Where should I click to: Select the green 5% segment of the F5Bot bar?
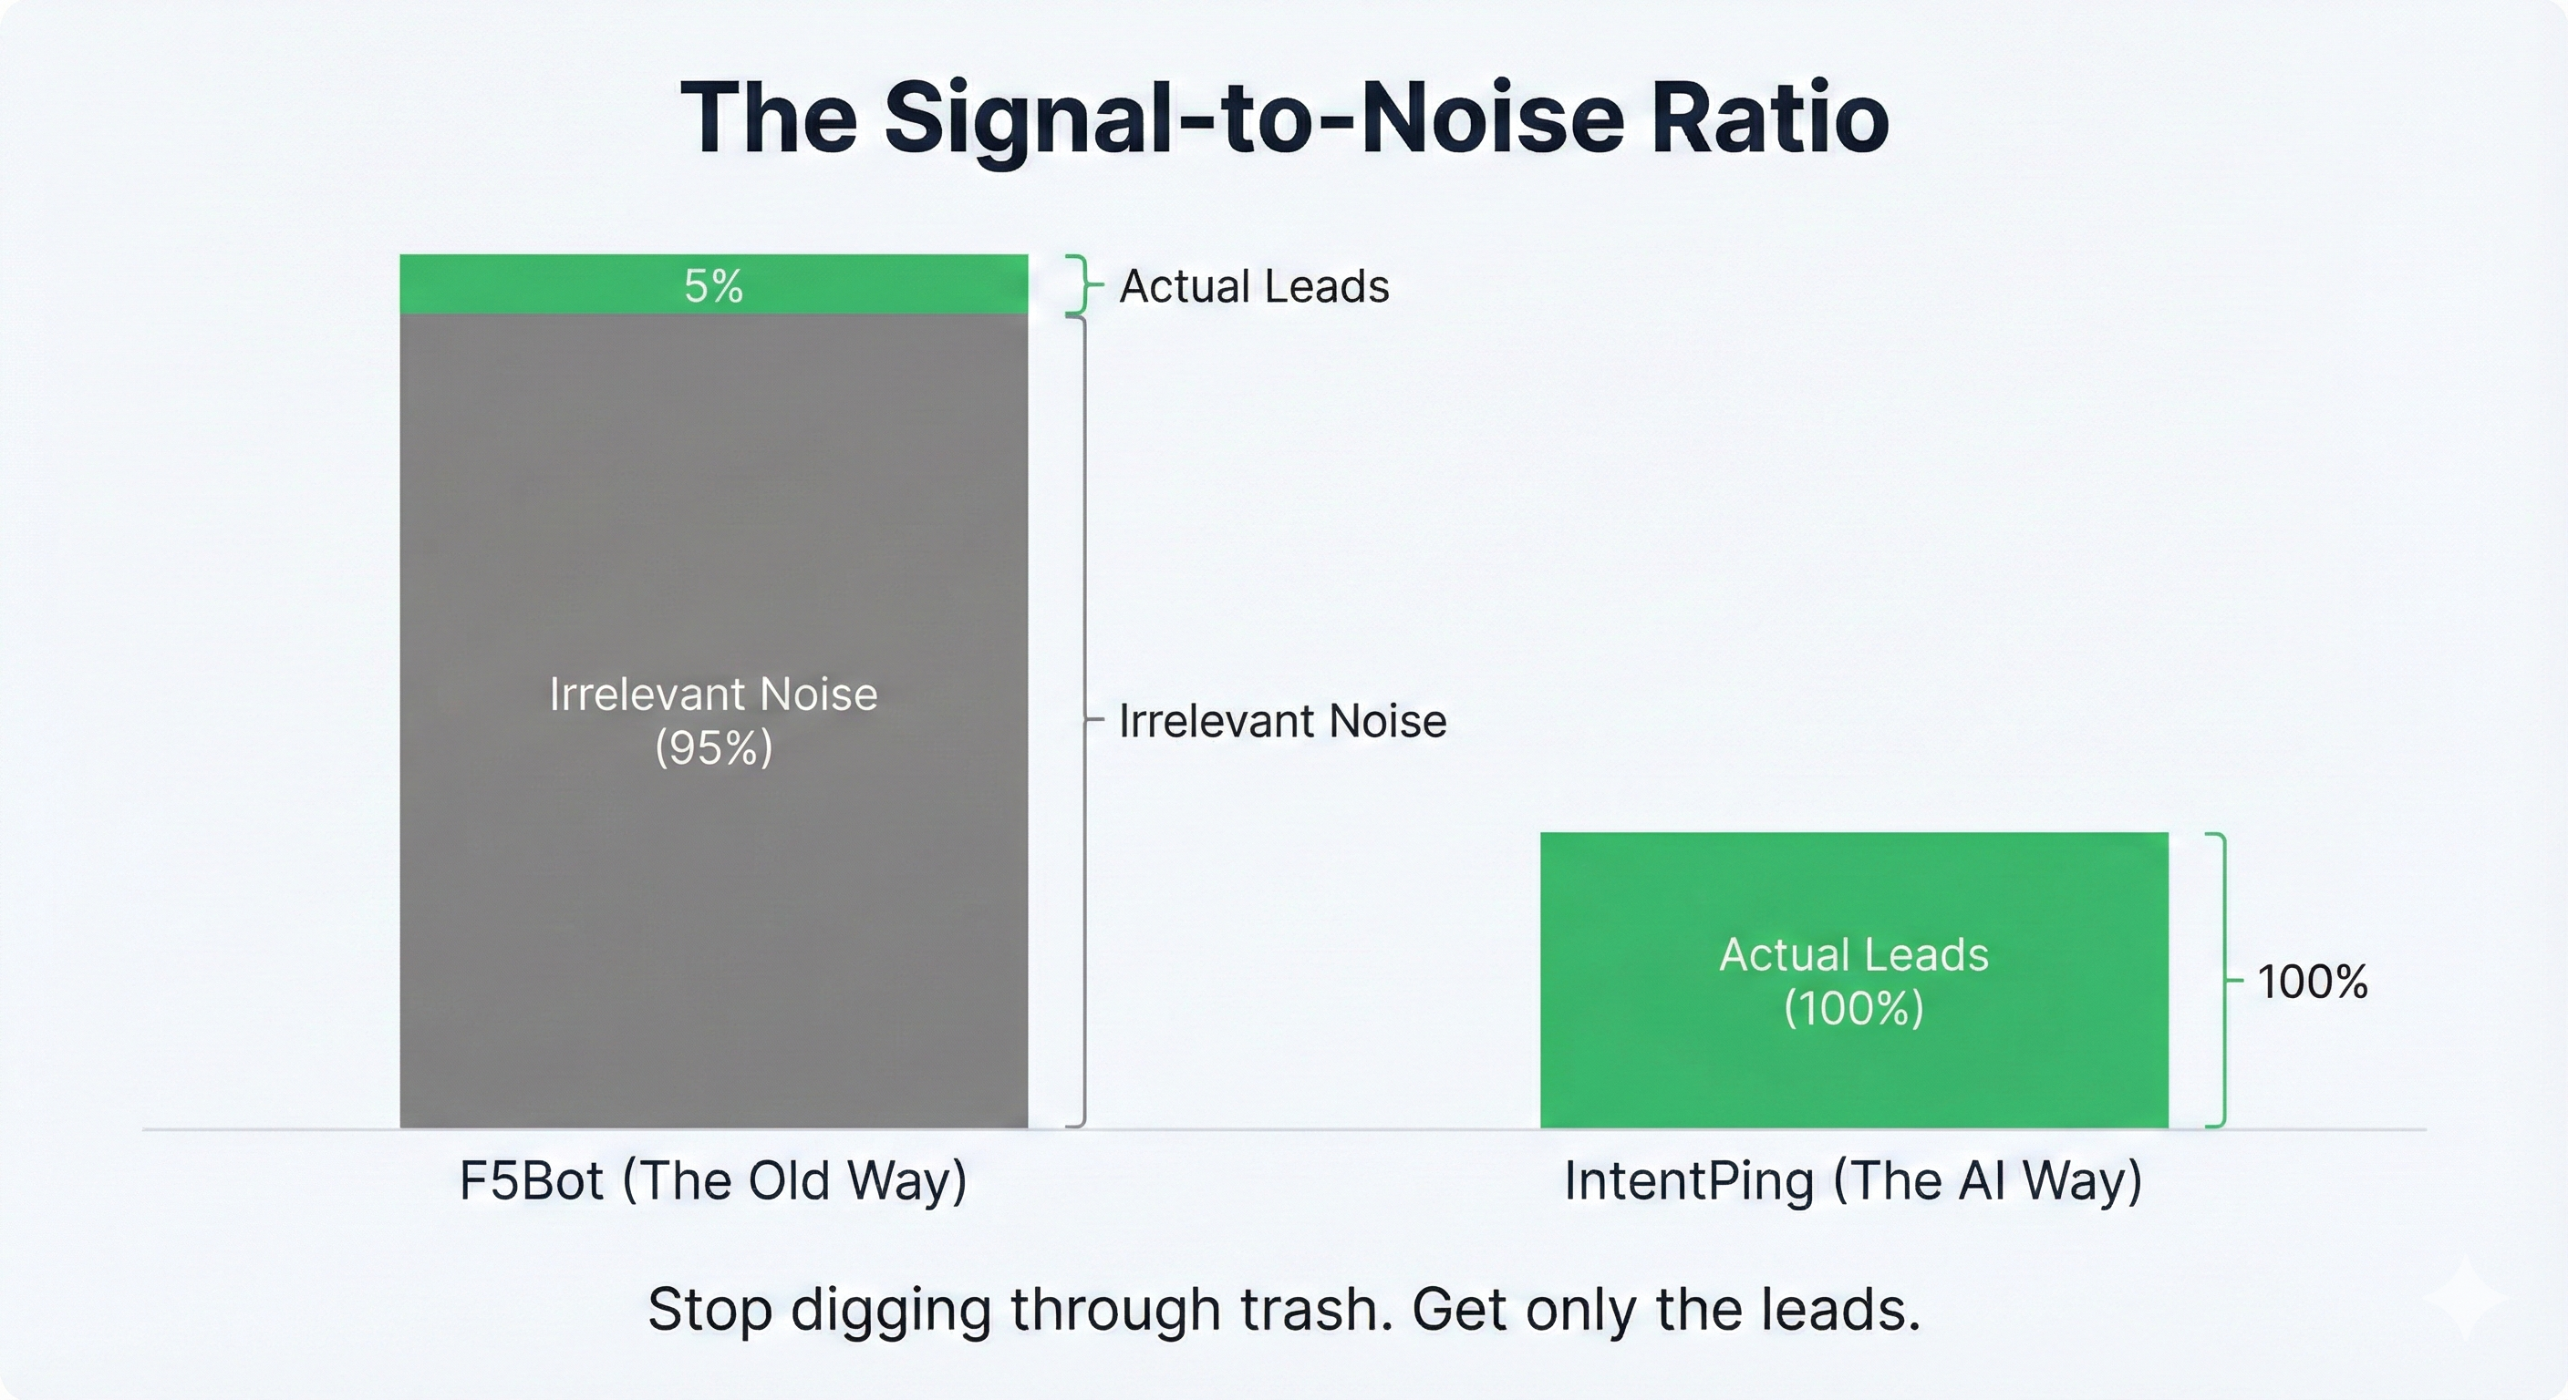[714, 284]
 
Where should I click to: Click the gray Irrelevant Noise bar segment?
[714, 720]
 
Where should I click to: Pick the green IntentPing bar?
[1854, 980]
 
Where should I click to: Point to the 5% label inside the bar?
[714, 286]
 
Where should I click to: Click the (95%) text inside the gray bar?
[714, 747]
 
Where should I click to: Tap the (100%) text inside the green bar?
[1854, 1007]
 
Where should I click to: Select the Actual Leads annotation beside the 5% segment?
[1254, 286]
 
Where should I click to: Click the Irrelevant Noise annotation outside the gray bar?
[1282, 720]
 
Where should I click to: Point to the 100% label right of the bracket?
[2313, 982]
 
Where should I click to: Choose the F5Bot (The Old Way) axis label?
[714, 1180]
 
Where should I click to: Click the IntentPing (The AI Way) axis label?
[1853, 1180]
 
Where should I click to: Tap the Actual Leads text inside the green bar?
[1854, 954]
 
